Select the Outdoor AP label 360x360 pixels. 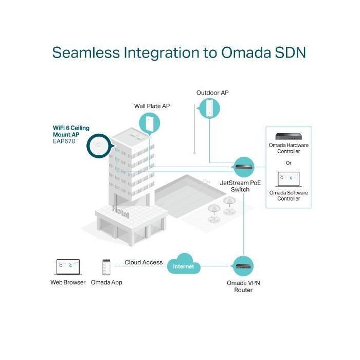pos(212,93)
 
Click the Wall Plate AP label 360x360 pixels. pos(152,106)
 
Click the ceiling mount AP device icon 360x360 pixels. pos(98,147)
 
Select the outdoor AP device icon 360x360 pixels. pos(210,108)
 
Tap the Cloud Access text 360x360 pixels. pos(143,262)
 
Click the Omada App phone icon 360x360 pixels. pos(106,267)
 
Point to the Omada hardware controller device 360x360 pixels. pos(288,137)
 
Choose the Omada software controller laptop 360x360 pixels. pos(289,178)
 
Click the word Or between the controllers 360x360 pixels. pos(289,163)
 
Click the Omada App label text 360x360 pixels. pos(106,282)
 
